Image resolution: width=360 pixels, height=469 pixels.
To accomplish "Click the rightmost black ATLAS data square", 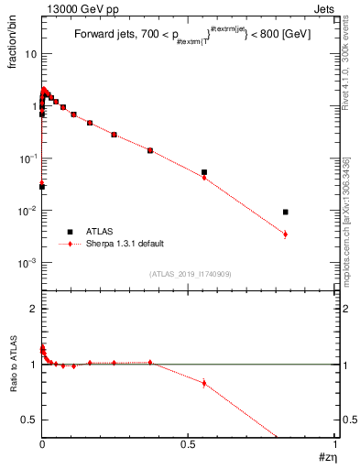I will click(x=286, y=212).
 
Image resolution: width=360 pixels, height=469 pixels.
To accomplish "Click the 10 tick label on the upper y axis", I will click(x=28, y=54).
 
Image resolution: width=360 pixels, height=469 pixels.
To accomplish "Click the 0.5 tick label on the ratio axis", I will click(x=28, y=420).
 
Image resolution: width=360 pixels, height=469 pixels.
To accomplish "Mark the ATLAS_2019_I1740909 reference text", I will click(x=190, y=274).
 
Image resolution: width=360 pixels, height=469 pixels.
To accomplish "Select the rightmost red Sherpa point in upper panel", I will click(x=286, y=234).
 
